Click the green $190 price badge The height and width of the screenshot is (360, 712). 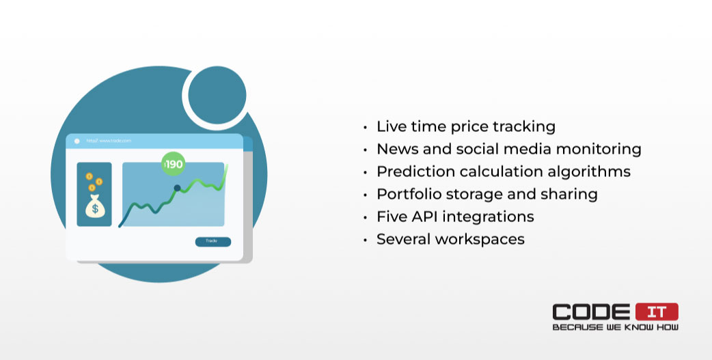[173, 164]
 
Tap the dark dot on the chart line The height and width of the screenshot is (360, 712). [177, 188]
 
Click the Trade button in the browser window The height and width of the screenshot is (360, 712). [213, 242]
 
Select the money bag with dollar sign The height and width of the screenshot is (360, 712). [95, 206]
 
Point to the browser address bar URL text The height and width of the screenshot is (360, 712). [109, 141]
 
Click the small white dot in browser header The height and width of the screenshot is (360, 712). [77, 141]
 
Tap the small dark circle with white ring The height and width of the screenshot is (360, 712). [217, 96]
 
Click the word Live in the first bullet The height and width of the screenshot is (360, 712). [392, 126]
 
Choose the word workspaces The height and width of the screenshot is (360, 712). [480, 240]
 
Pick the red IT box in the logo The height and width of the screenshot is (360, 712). [657, 312]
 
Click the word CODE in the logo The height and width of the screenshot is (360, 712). [591, 312]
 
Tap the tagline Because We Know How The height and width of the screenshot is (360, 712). [615, 327]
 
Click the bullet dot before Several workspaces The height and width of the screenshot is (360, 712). [365, 240]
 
